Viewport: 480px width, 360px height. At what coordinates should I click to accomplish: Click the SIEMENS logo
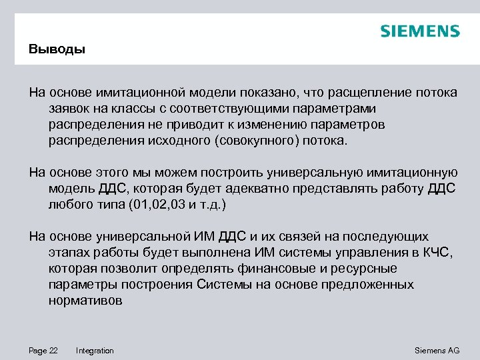coord(420,31)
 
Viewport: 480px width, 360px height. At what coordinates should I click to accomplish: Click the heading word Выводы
coord(57,49)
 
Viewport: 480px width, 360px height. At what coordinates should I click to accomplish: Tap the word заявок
coord(70,108)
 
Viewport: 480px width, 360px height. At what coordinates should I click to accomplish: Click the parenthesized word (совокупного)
coord(259,141)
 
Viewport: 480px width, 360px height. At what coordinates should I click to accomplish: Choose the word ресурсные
coord(369,269)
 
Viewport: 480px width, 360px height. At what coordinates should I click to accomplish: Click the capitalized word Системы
coord(222,285)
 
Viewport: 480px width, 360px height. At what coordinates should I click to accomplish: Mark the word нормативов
coord(85,301)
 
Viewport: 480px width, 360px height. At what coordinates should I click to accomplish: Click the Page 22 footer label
coord(43,351)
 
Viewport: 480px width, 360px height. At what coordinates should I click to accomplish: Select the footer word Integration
coord(95,351)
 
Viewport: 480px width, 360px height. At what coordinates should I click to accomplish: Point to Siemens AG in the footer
coord(437,351)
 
